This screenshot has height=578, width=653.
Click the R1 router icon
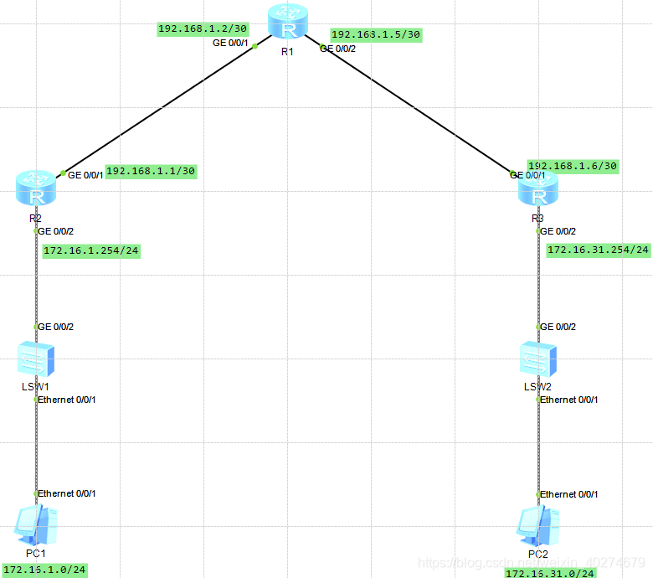point(288,23)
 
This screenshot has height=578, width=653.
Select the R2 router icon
point(36,188)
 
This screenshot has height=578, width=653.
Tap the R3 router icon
point(538,190)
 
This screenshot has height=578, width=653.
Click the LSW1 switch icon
point(36,359)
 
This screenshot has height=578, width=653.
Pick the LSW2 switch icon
point(538,359)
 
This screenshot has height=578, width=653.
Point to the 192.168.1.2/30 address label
point(203,28)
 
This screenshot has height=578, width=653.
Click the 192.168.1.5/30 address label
point(376,35)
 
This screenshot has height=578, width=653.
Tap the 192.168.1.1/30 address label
point(152,171)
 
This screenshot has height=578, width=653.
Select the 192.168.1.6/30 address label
point(573,166)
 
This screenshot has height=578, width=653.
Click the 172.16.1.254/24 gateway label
point(91,250)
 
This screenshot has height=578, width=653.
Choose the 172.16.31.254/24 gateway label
point(598,250)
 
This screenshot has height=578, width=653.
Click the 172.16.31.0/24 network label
point(550,573)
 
